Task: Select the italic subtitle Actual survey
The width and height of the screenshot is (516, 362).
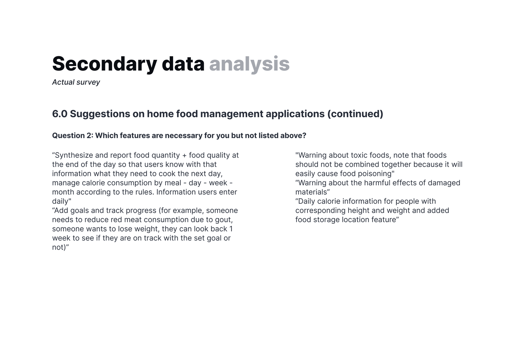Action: (x=76, y=82)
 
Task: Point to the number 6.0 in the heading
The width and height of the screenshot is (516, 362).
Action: (x=60, y=114)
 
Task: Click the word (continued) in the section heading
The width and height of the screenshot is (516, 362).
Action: (x=355, y=114)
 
